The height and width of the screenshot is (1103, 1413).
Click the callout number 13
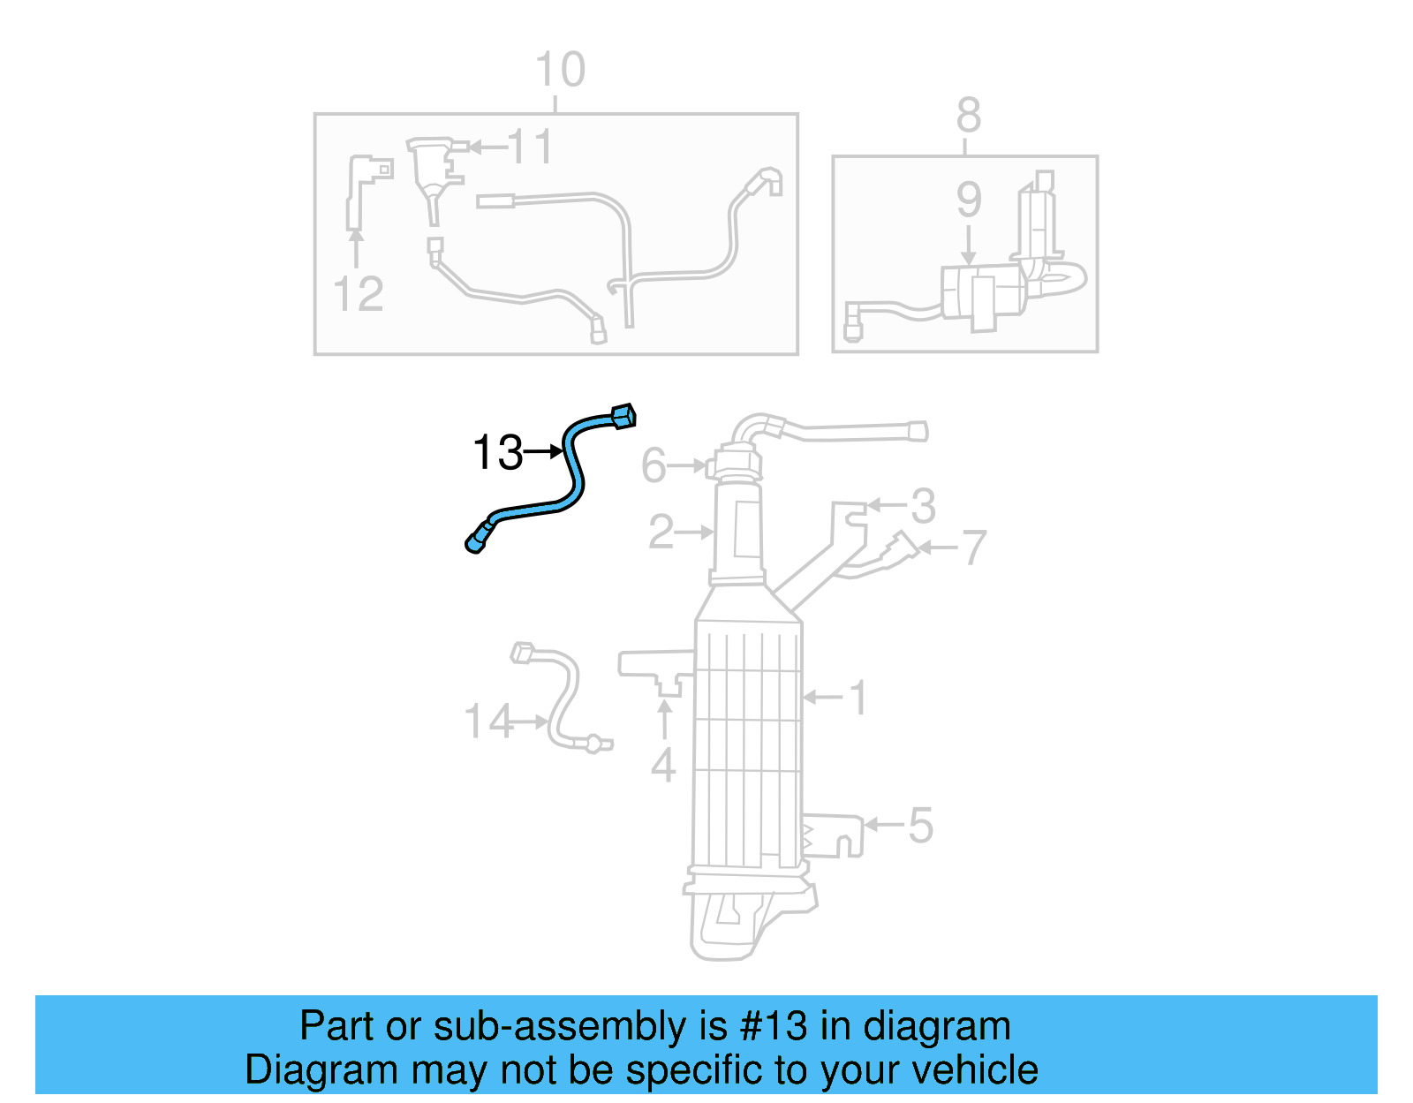(x=498, y=453)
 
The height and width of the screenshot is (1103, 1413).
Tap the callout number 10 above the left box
(x=560, y=70)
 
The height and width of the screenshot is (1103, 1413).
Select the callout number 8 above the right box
(x=968, y=115)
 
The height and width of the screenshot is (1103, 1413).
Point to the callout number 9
(x=969, y=200)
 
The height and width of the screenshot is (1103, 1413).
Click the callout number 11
(x=530, y=147)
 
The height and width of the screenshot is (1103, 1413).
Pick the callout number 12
(x=359, y=294)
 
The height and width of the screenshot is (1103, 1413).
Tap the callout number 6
(x=654, y=465)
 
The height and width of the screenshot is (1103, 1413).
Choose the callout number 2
(x=661, y=532)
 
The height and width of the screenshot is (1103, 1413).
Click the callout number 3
(x=923, y=506)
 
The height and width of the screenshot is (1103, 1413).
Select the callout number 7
(x=973, y=548)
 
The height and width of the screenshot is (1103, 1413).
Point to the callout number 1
(x=858, y=698)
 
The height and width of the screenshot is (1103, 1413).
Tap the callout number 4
(x=663, y=765)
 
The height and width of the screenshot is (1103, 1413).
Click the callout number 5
(x=920, y=826)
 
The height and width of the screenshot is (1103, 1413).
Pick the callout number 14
(x=487, y=721)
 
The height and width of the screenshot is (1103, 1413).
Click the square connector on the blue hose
(x=623, y=415)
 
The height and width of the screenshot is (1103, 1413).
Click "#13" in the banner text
(x=774, y=1026)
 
